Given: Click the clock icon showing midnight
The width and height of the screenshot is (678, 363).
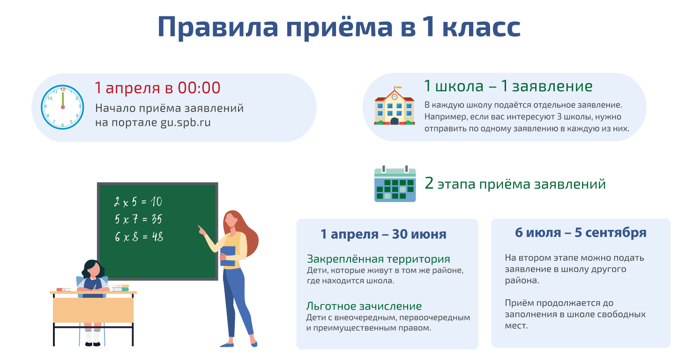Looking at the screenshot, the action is [62, 107].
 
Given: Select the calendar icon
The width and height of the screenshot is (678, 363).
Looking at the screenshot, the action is [395, 184].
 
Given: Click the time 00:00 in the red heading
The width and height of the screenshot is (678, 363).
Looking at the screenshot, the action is [199, 88].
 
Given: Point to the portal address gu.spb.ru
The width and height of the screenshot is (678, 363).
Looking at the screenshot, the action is [185, 123].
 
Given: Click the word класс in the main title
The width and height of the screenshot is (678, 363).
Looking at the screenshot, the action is [481, 27].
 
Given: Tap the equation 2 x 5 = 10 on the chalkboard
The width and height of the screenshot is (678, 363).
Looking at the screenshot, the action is [138, 202].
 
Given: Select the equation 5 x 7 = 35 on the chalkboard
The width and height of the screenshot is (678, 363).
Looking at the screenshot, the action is [138, 219].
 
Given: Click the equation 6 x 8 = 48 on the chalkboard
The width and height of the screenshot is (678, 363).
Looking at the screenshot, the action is [139, 237].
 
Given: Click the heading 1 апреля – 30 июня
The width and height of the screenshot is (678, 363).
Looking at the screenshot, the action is [383, 234].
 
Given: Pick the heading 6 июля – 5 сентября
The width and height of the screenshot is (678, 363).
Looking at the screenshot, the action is [581, 233].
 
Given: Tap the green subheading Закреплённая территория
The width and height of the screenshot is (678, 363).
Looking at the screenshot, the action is [378, 259].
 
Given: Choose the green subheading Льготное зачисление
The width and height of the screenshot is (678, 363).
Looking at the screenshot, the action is [364, 306].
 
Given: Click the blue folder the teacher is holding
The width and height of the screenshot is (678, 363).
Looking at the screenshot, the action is [228, 256].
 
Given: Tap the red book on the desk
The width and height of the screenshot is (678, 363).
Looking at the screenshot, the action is [64, 289].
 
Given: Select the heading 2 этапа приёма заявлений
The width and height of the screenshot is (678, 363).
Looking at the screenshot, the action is [515, 184].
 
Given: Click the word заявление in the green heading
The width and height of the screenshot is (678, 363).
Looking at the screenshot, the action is [552, 86].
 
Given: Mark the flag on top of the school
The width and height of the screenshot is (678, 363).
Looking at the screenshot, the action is [398, 88].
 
